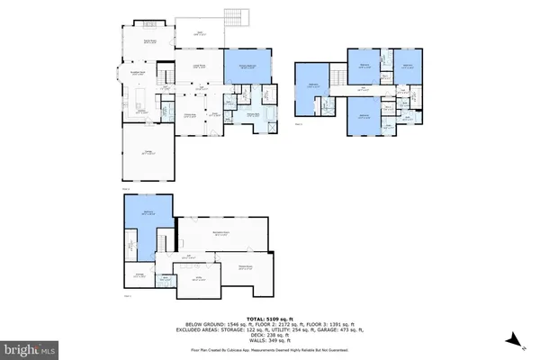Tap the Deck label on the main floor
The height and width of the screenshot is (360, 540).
[x=200, y=34]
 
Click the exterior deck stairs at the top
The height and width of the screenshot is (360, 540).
[x=236, y=15]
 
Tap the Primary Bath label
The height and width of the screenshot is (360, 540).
[x=255, y=114]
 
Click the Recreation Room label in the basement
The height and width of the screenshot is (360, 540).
[x=219, y=234]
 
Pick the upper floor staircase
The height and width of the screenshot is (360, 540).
[x=341, y=74]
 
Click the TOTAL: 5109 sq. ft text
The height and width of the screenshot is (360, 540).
[x=270, y=318]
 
